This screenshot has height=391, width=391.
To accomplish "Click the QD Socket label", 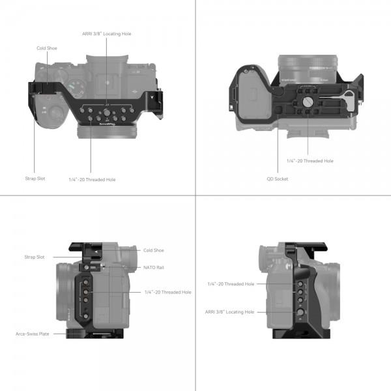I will coord(277,179).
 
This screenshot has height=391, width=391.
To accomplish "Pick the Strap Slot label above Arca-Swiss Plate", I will coord(35,257).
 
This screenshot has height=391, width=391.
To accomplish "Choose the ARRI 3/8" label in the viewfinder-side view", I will coord(230,312).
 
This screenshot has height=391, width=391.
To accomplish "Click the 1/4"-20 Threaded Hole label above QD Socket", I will coord(310,160).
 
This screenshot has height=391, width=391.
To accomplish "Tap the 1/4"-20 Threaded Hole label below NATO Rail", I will coord(167,293).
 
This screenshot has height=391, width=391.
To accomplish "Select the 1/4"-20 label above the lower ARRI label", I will coord(230,283).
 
